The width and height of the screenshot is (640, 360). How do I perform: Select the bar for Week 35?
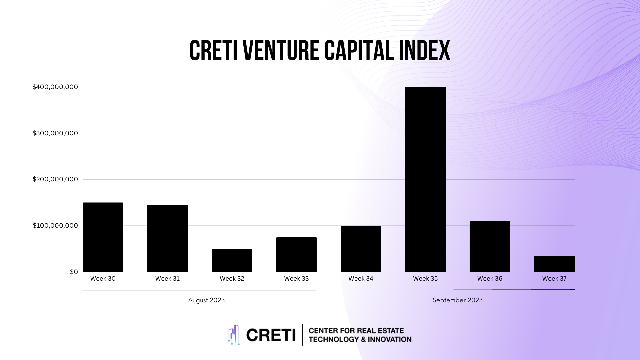pos(425,180)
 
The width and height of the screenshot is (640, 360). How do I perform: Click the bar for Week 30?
pos(103,237)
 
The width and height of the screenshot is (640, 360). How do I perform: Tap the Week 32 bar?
pos(232,260)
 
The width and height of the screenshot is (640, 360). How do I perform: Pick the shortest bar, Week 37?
pos(554,264)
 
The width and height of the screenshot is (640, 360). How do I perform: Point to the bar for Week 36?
pos(490,247)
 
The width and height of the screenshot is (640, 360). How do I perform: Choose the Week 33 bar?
pos(296,255)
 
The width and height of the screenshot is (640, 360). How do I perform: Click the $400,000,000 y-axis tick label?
pos(55,87)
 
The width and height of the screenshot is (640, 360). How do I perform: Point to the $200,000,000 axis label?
pos(55,179)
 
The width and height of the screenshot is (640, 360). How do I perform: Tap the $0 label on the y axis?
pos(74,272)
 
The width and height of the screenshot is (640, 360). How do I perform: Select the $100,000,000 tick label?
pos(55,226)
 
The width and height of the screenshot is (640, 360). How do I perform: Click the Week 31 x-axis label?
pos(167,279)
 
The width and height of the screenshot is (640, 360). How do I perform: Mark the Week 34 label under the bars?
pos(361,279)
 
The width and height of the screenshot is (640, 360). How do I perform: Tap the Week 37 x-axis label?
pos(554,279)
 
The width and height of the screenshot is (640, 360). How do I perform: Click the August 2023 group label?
pos(206,300)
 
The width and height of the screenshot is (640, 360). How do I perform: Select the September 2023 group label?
pos(457,300)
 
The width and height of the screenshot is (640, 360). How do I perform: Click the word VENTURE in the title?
pos(281,51)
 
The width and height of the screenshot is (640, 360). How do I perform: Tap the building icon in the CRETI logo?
pos(234,335)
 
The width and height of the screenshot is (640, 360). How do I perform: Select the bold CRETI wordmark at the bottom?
pos(271,335)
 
